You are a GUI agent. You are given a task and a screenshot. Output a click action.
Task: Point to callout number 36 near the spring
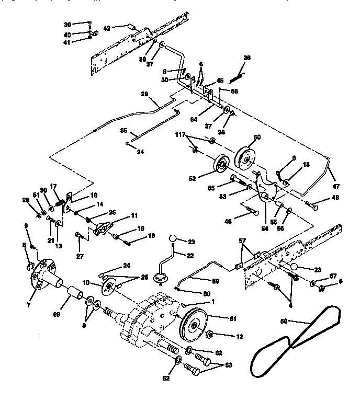pos(248,58)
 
